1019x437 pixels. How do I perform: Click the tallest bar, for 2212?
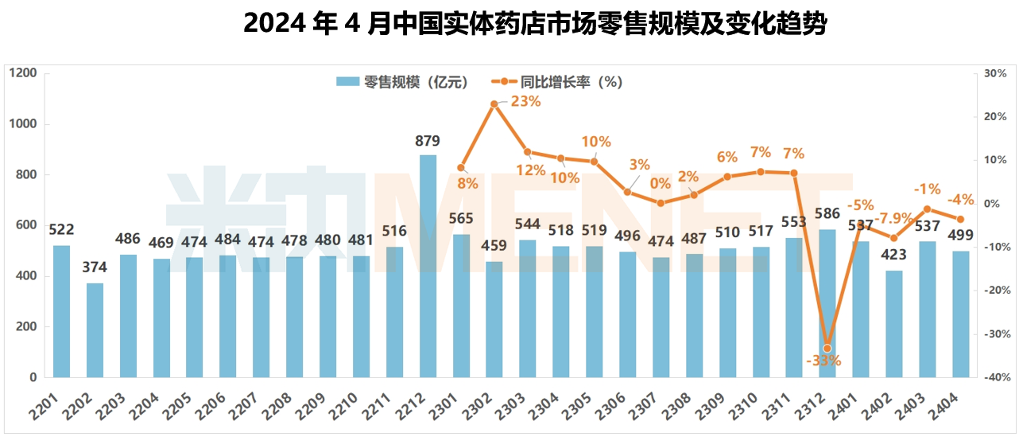coord(428,267)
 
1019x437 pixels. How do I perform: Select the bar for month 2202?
coord(95,330)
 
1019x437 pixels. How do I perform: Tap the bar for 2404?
coord(960,314)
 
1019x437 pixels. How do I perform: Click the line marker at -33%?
coord(827,348)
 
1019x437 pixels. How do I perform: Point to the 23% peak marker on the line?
coord(494,103)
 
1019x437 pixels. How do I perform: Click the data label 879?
coord(428,142)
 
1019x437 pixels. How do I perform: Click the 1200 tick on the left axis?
coord(23,73)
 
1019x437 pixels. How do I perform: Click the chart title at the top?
coord(535,23)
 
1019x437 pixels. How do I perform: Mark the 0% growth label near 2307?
coord(660,183)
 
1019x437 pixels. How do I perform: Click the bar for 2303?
coord(528,309)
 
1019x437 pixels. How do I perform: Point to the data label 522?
coord(61,230)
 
